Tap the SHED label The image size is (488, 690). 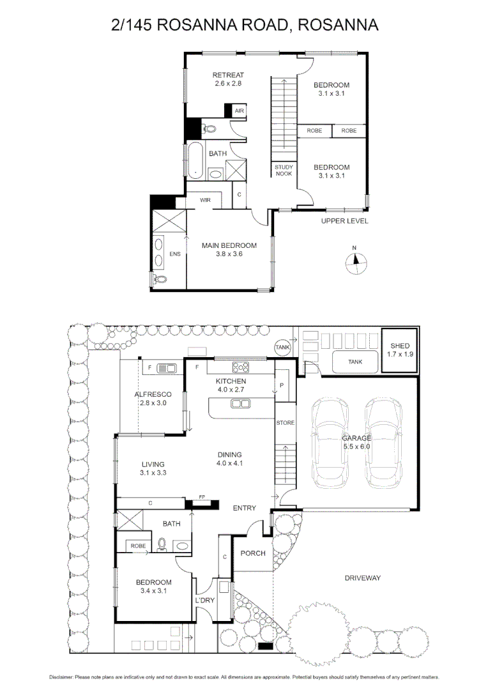pyautogui.click(x=400, y=346)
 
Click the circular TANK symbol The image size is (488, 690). pyautogui.click(x=282, y=346)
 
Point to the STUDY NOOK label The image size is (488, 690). pyautogui.click(x=284, y=170)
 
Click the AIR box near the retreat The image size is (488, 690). pyautogui.click(x=239, y=111)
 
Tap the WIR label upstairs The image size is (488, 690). pyautogui.click(x=205, y=200)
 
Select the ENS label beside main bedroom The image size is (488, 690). pyautogui.click(x=174, y=253)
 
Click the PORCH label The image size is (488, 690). pyautogui.click(x=253, y=553)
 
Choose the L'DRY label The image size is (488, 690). pyautogui.click(x=204, y=601)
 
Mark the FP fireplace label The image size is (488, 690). pyautogui.click(x=201, y=496)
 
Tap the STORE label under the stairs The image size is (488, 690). pyautogui.click(x=285, y=423)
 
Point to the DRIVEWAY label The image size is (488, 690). pyautogui.click(x=362, y=578)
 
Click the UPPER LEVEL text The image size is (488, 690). pyautogui.click(x=344, y=221)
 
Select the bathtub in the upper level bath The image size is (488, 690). pyautogui.click(x=194, y=160)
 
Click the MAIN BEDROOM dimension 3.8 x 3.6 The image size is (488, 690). pyautogui.click(x=229, y=254)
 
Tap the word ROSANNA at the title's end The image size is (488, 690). pyautogui.click(x=339, y=24)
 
